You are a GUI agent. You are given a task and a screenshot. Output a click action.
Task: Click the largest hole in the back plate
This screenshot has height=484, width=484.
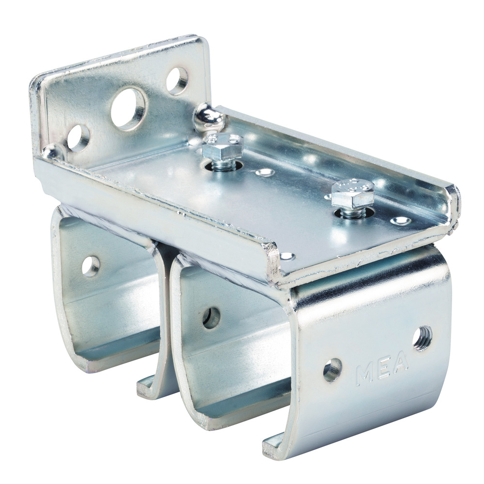[128, 108]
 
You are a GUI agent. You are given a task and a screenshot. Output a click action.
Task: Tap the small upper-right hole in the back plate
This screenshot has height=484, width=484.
[177, 80]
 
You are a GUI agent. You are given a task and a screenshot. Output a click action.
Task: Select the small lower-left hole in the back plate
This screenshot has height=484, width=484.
[78, 138]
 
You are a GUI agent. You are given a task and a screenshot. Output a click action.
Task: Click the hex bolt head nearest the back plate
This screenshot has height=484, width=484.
[222, 146]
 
